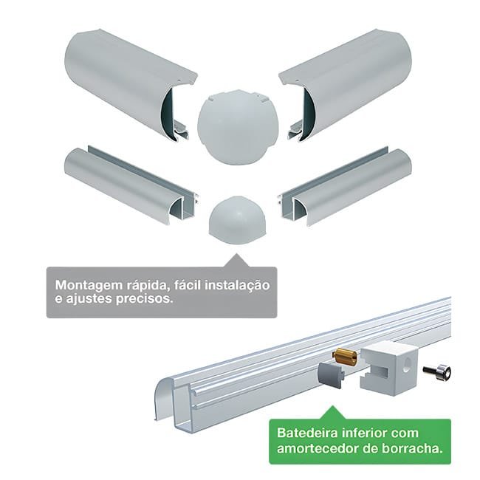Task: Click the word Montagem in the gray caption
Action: click(x=89, y=286)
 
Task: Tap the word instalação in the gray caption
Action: click(x=238, y=285)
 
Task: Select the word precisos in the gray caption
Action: click(x=144, y=299)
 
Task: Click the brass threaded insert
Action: click(x=345, y=357)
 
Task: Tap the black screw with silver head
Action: click(x=437, y=371)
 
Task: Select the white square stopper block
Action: click(x=388, y=368)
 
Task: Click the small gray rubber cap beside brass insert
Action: click(x=331, y=374)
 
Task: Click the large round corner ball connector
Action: click(x=238, y=127)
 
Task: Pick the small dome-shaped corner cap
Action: click(x=238, y=220)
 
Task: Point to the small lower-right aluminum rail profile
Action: click(x=346, y=187)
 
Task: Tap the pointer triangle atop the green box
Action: click(x=333, y=413)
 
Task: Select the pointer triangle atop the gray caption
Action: click(x=236, y=261)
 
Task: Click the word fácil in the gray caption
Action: click(x=188, y=285)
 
